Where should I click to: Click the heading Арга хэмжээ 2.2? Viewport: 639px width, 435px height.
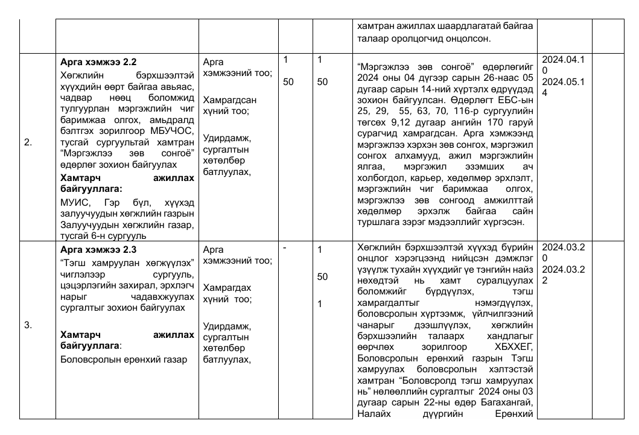click(x=99, y=62)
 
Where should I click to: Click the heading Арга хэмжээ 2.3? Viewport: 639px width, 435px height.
click(x=99, y=249)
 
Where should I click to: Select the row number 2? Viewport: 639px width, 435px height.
click(x=28, y=143)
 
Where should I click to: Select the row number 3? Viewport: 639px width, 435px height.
click(x=28, y=325)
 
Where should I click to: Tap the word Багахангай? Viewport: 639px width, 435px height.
click(x=509, y=402)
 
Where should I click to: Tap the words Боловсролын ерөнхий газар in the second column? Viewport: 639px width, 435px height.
click(x=124, y=360)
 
